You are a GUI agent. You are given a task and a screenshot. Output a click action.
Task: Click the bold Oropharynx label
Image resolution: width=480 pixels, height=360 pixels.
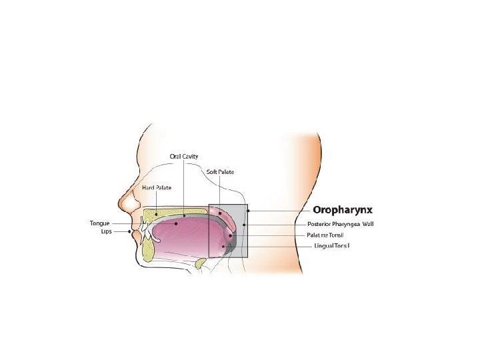pyautogui.click(x=343, y=210)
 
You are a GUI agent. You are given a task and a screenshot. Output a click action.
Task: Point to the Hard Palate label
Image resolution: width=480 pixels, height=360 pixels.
pyautogui.click(x=157, y=188)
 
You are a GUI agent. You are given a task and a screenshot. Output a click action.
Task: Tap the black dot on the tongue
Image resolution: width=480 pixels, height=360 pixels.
pyautogui.click(x=177, y=224)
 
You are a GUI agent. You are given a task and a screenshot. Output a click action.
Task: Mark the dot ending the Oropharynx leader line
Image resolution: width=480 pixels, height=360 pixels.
pyautogui.click(x=247, y=211)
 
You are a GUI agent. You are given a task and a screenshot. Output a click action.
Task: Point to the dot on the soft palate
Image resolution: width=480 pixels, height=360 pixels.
pyautogui.click(x=219, y=213)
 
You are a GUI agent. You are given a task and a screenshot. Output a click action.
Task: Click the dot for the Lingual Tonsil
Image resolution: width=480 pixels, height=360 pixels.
pyautogui.click(x=224, y=246)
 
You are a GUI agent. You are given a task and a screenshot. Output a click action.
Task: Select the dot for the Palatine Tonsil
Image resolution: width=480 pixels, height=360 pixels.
pyautogui.click(x=230, y=235)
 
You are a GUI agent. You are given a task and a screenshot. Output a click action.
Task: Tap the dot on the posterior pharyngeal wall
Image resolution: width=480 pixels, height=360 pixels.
pyautogui.click(x=244, y=225)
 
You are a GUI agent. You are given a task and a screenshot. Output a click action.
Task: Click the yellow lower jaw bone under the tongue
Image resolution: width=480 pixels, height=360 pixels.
pyautogui.click(x=148, y=249)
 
